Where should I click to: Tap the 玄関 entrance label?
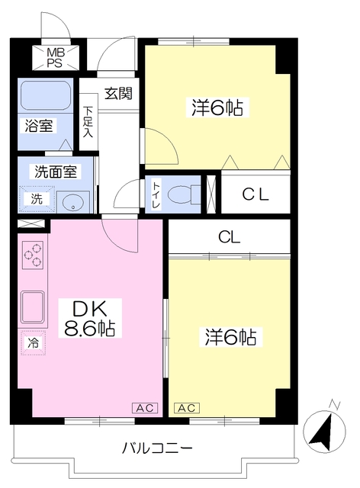[118, 94]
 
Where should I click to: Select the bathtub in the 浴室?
[45, 96]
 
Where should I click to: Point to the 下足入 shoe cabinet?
[88, 122]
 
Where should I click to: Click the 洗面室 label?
[53, 172]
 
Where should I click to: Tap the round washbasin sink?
[72, 201]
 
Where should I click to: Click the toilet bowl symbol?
[181, 192]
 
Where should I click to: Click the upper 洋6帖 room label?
[217, 108]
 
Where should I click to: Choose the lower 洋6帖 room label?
[229, 335]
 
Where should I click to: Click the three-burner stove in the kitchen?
[34, 255]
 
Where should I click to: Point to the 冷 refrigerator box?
[33, 343]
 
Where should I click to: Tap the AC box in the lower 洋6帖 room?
[186, 408]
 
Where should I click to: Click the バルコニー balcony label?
[157, 448]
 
